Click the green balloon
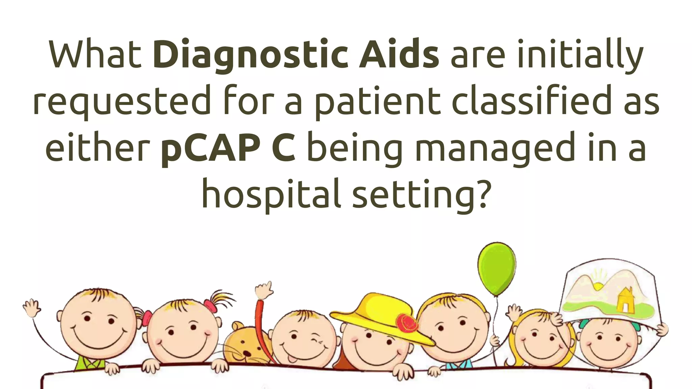click(x=497, y=269)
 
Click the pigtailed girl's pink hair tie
click(x=210, y=306)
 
